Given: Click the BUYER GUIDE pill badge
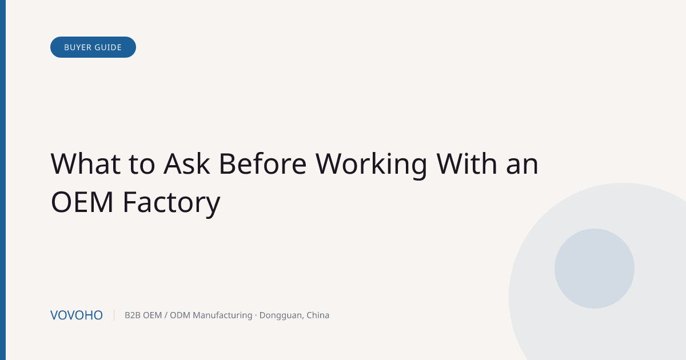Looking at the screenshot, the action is click(93, 47).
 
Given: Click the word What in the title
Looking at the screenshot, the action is click(86, 164).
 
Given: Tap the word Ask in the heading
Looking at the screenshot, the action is click(187, 164).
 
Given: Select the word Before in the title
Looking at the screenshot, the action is click(263, 164).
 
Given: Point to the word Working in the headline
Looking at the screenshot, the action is click(372, 165).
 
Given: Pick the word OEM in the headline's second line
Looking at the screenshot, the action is click(82, 202).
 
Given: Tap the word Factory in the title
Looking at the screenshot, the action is click(171, 203).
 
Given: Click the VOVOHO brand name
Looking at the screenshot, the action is click(77, 315).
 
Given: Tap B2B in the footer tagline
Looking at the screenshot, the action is click(132, 315).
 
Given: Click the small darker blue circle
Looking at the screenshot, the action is click(595, 269).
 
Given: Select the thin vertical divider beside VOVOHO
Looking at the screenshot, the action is click(114, 315).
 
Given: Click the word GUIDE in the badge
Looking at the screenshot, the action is click(108, 47).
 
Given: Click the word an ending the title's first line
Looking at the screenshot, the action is click(522, 167).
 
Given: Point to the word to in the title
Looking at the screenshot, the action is click(142, 165).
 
